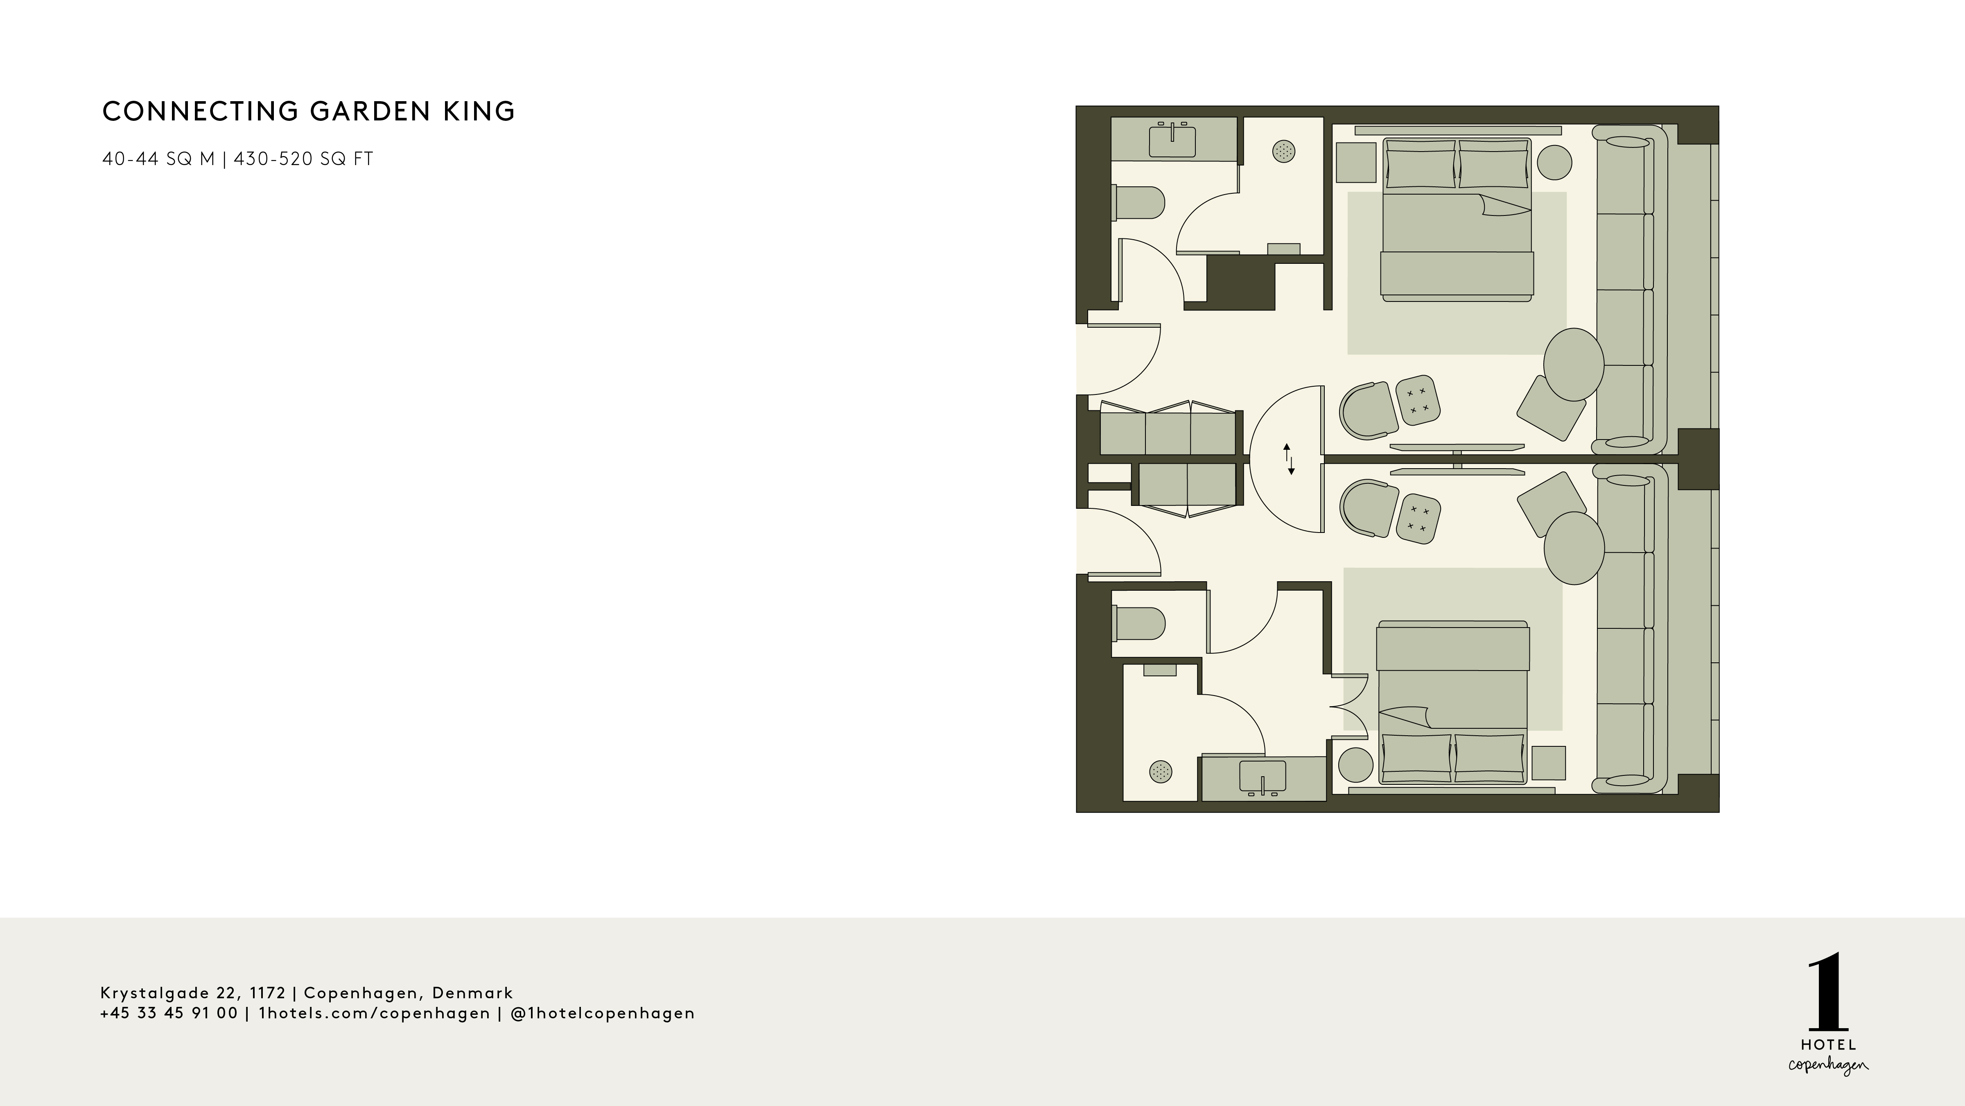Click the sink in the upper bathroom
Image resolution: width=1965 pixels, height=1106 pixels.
(1172, 141)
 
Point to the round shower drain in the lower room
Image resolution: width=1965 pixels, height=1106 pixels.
(1160, 772)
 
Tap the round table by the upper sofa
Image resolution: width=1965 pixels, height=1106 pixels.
(1573, 364)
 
